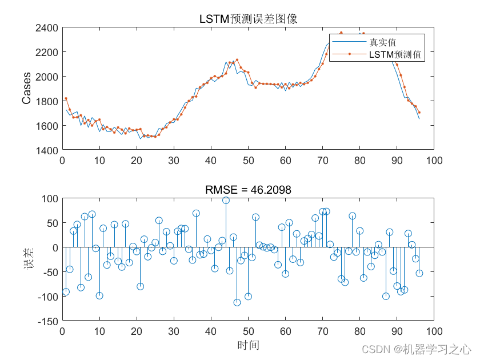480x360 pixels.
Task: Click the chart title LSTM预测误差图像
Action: [x=248, y=19]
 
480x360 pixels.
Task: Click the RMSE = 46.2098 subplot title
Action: [x=248, y=190]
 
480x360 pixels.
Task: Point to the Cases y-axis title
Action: [x=26, y=89]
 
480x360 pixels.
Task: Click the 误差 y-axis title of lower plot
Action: [x=26, y=260]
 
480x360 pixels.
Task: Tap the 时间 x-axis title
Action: [x=248, y=345]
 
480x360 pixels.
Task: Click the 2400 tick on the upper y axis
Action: [x=47, y=27]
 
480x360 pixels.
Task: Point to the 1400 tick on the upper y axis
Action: [x=47, y=150]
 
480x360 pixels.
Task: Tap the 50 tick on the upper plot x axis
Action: [x=248, y=161]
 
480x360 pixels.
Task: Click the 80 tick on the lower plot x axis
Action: [x=359, y=332]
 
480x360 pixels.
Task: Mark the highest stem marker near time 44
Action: [x=226, y=201]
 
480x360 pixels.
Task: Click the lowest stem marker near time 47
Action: [x=237, y=302]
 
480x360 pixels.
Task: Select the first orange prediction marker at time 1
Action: [x=66, y=99]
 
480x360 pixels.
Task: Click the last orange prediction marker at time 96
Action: [x=419, y=113]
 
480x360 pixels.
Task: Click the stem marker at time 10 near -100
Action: [x=99, y=295]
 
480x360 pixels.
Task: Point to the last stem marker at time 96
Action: [x=419, y=273]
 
